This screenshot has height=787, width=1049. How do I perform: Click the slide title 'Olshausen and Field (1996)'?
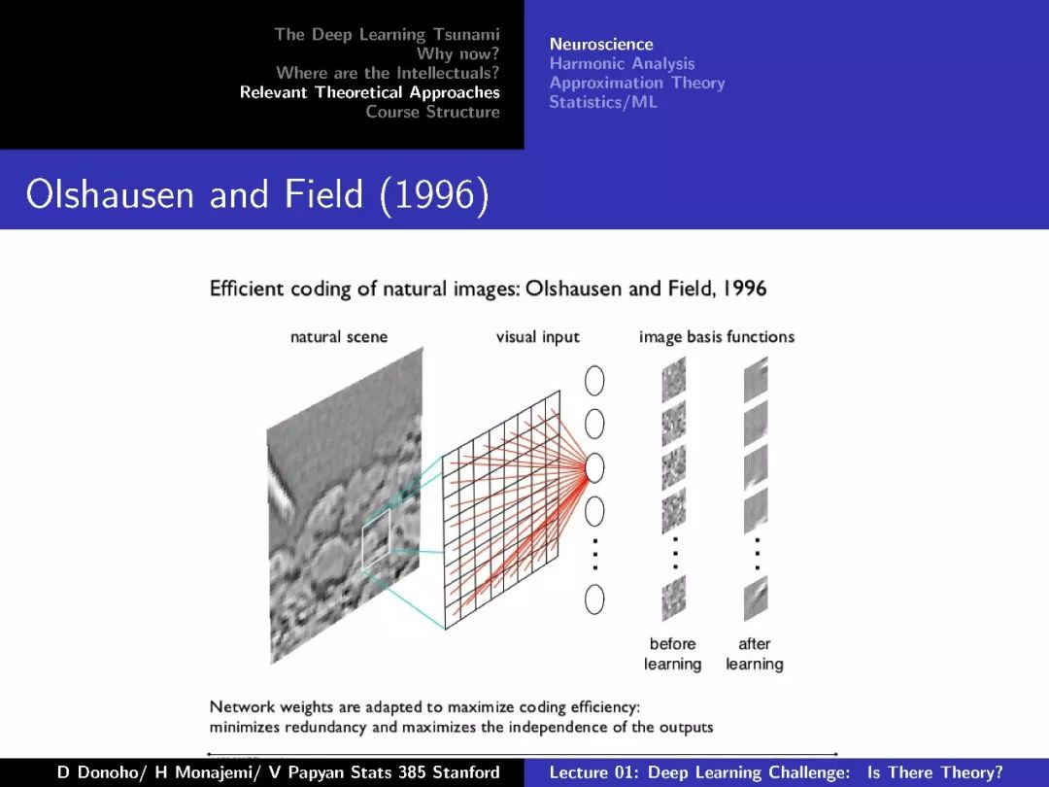pyautogui.click(x=257, y=194)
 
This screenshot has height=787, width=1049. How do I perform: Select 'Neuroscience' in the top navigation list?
pyautogui.click(x=601, y=44)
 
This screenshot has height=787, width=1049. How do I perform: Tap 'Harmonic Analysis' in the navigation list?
pyautogui.click(x=623, y=63)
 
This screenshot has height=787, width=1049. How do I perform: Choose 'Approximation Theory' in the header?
pyautogui.click(x=637, y=83)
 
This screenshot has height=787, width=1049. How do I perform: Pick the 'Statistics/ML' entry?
pyautogui.click(x=603, y=102)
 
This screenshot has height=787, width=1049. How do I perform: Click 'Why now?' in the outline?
pyautogui.click(x=458, y=53)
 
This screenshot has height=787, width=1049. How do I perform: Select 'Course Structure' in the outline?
pyautogui.click(x=433, y=112)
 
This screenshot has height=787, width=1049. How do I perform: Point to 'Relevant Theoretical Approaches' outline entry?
pyautogui.click(x=370, y=92)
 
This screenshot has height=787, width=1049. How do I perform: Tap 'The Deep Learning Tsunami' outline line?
pyautogui.click(x=387, y=34)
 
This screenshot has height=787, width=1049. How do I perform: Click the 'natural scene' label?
pyautogui.click(x=339, y=336)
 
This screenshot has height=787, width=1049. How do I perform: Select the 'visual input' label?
pyautogui.click(x=538, y=336)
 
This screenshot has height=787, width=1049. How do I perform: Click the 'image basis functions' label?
pyautogui.click(x=717, y=336)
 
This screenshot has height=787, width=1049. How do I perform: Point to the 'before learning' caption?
pyautogui.click(x=672, y=654)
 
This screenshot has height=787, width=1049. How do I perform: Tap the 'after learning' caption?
pyautogui.click(x=754, y=654)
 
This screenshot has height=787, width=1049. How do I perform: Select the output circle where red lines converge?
pyautogui.click(x=594, y=467)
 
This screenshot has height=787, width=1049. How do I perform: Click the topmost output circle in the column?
pyautogui.click(x=594, y=381)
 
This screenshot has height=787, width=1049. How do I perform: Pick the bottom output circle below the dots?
pyautogui.click(x=594, y=599)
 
